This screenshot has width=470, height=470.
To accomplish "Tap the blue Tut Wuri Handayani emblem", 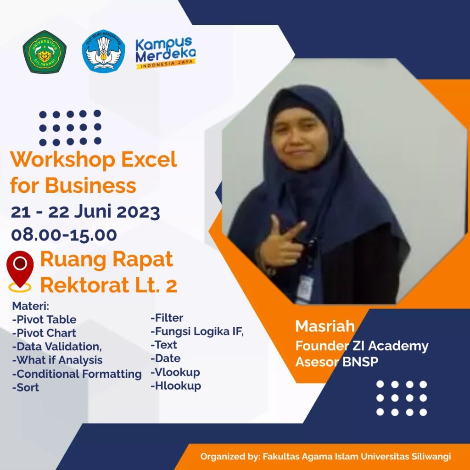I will [x=103, y=51].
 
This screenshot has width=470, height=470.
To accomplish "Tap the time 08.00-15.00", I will [x=64, y=234].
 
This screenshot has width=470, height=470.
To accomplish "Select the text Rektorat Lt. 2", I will [x=109, y=285].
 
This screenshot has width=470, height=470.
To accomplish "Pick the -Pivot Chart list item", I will [x=44, y=333].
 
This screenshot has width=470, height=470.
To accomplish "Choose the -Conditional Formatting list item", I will [x=77, y=374].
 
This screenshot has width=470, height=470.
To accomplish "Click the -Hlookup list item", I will [x=176, y=386].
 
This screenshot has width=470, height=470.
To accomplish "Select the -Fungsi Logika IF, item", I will [x=197, y=331].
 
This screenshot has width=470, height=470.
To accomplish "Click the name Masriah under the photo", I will [x=325, y=326].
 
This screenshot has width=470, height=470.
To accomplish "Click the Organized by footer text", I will [x=325, y=456].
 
